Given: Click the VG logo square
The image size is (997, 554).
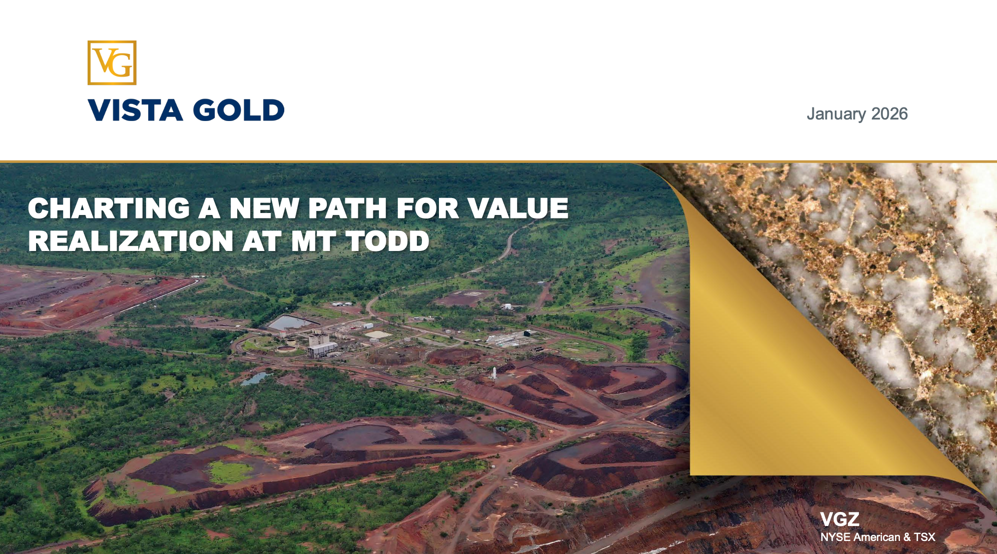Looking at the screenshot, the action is pyautogui.click(x=112, y=62).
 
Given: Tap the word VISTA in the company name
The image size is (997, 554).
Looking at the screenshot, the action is pyautogui.click(x=135, y=110).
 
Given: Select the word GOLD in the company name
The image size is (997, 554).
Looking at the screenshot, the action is pyautogui.click(x=239, y=110).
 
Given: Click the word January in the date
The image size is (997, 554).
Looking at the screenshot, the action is pyautogui.click(x=836, y=114).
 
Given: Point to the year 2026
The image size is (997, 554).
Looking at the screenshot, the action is pyautogui.click(x=889, y=113).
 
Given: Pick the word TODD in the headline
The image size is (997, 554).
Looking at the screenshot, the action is pyautogui.click(x=388, y=241).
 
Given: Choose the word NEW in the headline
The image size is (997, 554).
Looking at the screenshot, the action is pyautogui.click(x=264, y=208).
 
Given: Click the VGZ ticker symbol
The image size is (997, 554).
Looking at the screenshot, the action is pyautogui.click(x=840, y=519).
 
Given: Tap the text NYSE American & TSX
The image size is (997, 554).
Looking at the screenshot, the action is pyautogui.click(x=878, y=537).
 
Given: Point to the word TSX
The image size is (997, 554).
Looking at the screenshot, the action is pyautogui.click(x=924, y=537).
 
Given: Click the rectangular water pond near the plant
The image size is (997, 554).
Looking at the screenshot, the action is pyautogui.click(x=289, y=322).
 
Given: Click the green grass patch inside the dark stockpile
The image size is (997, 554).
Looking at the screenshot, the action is pyautogui.click(x=230, y=471).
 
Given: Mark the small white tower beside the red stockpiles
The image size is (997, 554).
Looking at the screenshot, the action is pyautogui.click(x=494, y=373).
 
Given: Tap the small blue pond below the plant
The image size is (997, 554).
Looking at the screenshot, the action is pyautogui.click(x=256, y=378).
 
